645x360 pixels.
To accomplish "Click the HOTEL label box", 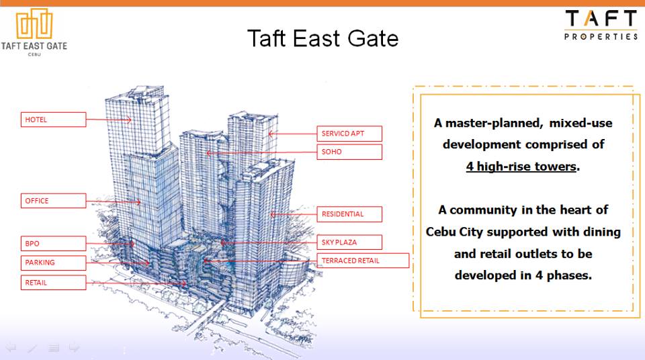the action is click(54, 120).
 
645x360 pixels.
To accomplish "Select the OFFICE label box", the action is click(54, 201).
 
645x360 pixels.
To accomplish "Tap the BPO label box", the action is click(54, 244).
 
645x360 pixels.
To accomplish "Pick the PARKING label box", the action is click(54, 263).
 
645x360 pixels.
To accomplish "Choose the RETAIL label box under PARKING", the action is click(54, 283).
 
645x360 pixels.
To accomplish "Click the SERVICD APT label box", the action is click(349, 134).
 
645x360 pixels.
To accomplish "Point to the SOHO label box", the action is click(349, 152).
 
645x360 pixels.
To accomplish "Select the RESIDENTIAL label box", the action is click(349, 214).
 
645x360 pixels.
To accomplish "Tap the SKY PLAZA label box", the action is click(349, 242).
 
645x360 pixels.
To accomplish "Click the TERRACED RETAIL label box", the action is click(363, 261).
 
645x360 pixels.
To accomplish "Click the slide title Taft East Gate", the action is click(323, 39).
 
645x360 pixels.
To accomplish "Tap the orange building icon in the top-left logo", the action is click(34, 24).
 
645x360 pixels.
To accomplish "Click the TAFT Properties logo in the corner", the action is click(601, 25).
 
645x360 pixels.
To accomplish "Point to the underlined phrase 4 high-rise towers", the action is click(521, 167).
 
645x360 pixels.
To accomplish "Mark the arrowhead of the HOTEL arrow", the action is click(129, 120).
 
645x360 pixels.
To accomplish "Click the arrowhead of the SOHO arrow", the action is click(208, 153).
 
